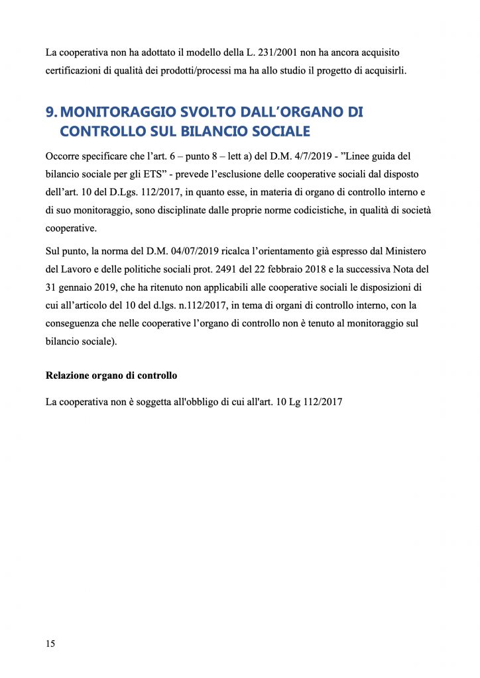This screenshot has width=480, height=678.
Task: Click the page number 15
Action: click(50, 644)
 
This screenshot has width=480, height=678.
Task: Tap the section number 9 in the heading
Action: click(50, 113)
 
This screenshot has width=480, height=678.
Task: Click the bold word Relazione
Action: click(70, 375)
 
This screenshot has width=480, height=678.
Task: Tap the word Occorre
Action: click(64, 156)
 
